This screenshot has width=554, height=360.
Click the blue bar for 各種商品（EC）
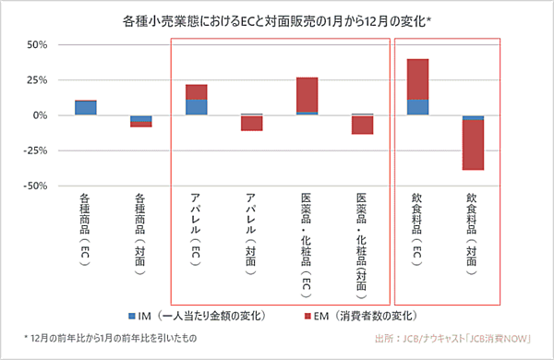click(85, 107)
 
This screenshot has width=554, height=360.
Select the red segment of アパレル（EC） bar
click(196, 91)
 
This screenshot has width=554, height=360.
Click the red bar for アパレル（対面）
click(251, 123)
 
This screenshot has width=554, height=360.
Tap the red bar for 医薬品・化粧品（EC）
click(307, 95)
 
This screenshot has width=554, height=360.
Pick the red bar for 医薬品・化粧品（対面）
click(362, 125)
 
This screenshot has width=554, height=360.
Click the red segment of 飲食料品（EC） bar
click(417, 78)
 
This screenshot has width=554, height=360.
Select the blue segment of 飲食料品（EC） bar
click(417, 107)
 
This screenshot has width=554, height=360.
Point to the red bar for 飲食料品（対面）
click(473, 145)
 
